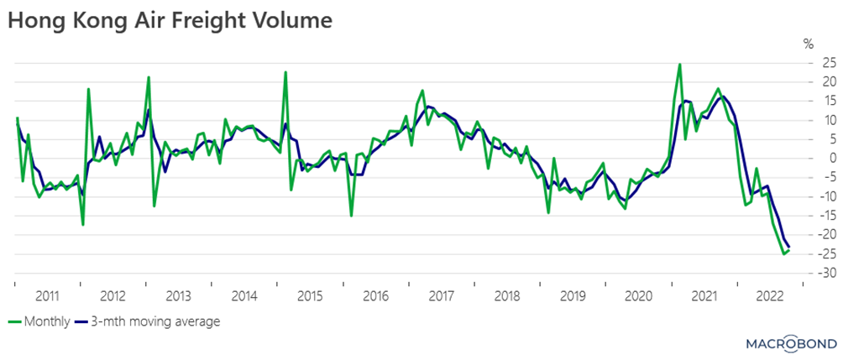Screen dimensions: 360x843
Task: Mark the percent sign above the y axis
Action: tap(809, 44)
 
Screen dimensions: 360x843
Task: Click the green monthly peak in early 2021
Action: tap(679, 64)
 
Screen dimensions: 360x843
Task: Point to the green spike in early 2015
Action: tap(285, 72)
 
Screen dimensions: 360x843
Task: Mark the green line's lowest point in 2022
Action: tap(783, 253)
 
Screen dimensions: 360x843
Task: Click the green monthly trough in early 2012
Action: tap(82, 224)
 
